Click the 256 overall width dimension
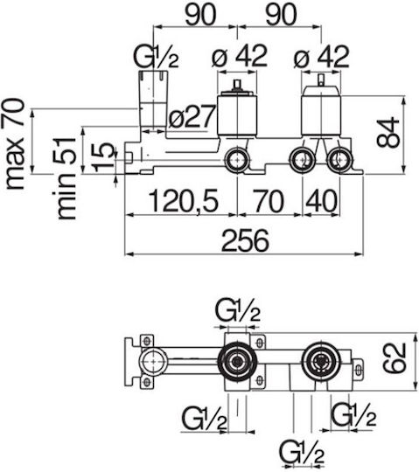click(x=245, y=240)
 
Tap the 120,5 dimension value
click(x=183, y=200)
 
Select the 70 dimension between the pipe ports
click(x=269, y=200)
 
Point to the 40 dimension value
click(x=321, y=200)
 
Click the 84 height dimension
click(x=388, y=133)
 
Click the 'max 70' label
click(x=15, y=144)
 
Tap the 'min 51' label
click(x=66, y=178)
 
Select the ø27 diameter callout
click(x=192, y=116)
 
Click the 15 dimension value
click(x=102, y=157)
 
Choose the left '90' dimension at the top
click(x=200, y=14)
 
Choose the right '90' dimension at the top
click(x=281, y=14)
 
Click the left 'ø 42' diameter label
click(x=240, y=56)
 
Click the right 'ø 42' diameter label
click(x=321, y=57)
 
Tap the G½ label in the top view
click(x=157, y=57)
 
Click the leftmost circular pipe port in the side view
click(x=238, y=161)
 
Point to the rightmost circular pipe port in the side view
click(x=339, y=161)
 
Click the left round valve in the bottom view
click(x=238, y=361)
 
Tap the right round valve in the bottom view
click(x=322, y=361)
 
